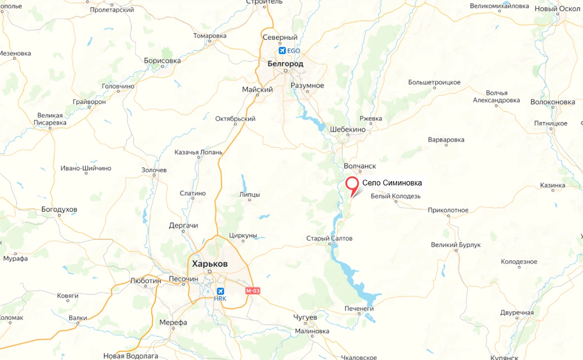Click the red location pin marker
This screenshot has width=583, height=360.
(x=352, y=184)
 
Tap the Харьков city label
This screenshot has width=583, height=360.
(x=209, y=264)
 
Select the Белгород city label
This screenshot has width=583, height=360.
(x=285, y=64)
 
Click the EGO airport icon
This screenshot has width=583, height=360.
(x=282, y=50)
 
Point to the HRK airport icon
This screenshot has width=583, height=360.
(x=220, y=291)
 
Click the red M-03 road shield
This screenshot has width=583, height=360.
(x=252, y=291)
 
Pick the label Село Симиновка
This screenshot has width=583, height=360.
(x=392, y=183)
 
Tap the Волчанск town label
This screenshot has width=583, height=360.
(x=360, y=166)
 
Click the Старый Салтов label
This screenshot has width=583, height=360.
(x=330, y=239)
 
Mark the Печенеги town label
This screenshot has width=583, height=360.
(x=359, y=309)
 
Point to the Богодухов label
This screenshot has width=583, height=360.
(x=59, y=209)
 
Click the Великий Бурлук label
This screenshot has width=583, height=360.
(x=456, y=245)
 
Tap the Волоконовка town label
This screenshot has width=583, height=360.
(x=552, y=102)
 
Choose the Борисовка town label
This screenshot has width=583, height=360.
(x=162, y=60)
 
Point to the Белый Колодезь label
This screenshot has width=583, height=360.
(x=395, y=196)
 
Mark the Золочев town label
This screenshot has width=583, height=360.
(x=154, y=170)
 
